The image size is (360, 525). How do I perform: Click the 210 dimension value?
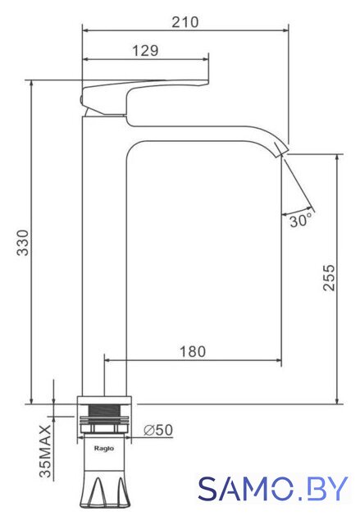pos(185,22)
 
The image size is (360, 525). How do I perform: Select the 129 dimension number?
pos(145,51)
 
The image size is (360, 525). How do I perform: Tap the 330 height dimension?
pos(23,243)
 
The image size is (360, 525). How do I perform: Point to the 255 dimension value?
pos(329,277)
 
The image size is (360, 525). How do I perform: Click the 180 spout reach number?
pos(193,352)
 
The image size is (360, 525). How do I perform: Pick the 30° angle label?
pos(300,221)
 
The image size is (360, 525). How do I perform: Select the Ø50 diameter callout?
pos(158,430)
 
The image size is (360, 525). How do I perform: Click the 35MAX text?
pos(45,451)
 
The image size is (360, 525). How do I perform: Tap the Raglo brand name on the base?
pos(103,449)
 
